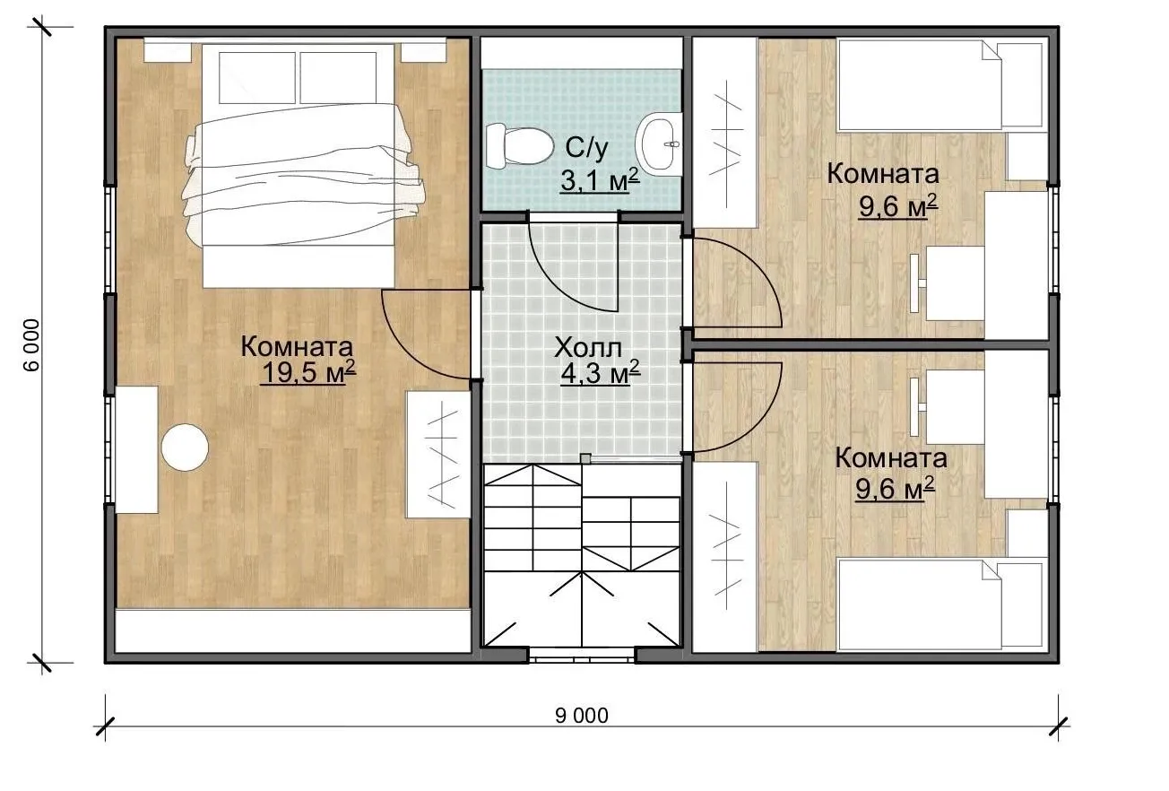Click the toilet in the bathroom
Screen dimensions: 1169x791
(519, 146)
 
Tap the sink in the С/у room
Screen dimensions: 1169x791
(658, 143)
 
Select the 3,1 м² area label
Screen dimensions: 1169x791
(600, 180)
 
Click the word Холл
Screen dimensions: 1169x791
(587, 348)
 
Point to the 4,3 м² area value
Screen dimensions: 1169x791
(600, 373)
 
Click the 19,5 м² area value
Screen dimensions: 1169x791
(307, 372)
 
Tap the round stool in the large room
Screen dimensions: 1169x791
(185, 448)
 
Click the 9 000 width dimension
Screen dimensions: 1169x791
(582, 716)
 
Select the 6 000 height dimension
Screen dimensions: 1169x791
(32, 345)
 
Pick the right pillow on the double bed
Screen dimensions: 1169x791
(338, 78)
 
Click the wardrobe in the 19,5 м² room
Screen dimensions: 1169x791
(438, 454)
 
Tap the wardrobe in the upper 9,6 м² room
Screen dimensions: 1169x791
(725, 133)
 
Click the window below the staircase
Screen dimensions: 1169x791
(582, 656)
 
